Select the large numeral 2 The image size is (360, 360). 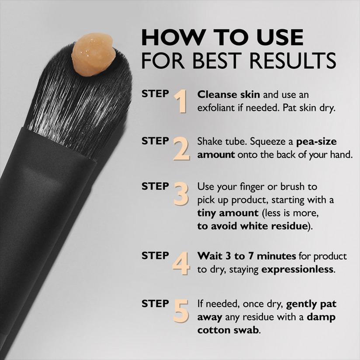coord(181,149)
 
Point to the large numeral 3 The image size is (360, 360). coord(181,194)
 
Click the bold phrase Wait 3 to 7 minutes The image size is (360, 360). coord(247,256)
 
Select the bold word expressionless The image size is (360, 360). coord(297,269)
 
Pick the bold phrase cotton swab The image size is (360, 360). coord(228,330)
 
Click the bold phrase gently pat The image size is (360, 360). coord(311,304)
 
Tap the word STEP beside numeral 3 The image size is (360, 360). coord(155,186)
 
